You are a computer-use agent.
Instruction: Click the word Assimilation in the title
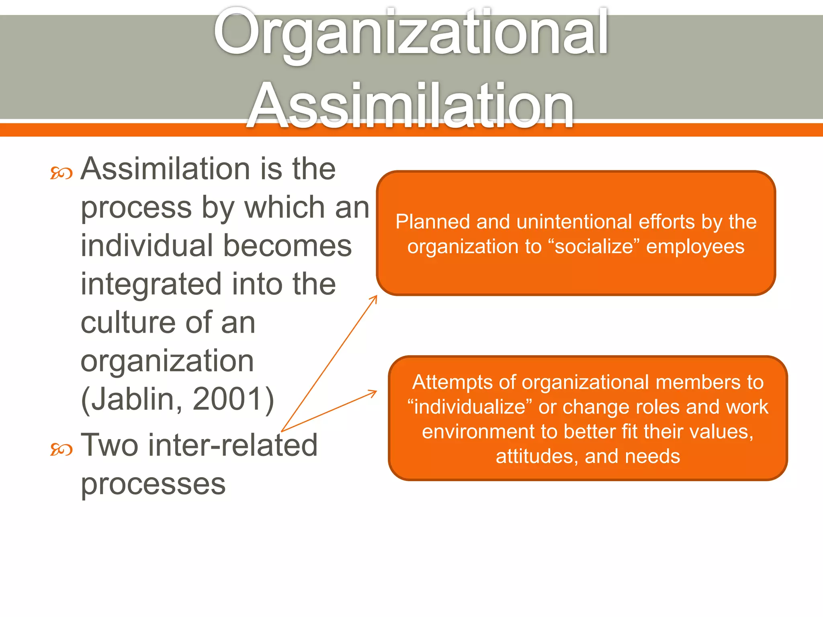(x=411, y=105)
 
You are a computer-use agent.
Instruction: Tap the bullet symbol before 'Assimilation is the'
(x=61, y=173)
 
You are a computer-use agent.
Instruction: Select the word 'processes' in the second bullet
(x=153, y=484)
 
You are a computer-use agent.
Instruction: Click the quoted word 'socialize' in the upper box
(x=594, y=246)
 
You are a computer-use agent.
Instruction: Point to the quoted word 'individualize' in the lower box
(x=469, y=407)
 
